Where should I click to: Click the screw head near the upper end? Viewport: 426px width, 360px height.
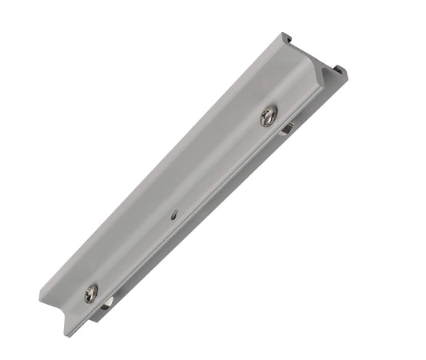click(x=268, y=116)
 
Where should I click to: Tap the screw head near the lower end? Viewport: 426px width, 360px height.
click(x=91, y=294)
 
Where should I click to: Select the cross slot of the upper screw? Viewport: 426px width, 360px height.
click(x=268, y=116)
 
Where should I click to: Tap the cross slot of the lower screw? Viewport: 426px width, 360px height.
click(x=91, y=294)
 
